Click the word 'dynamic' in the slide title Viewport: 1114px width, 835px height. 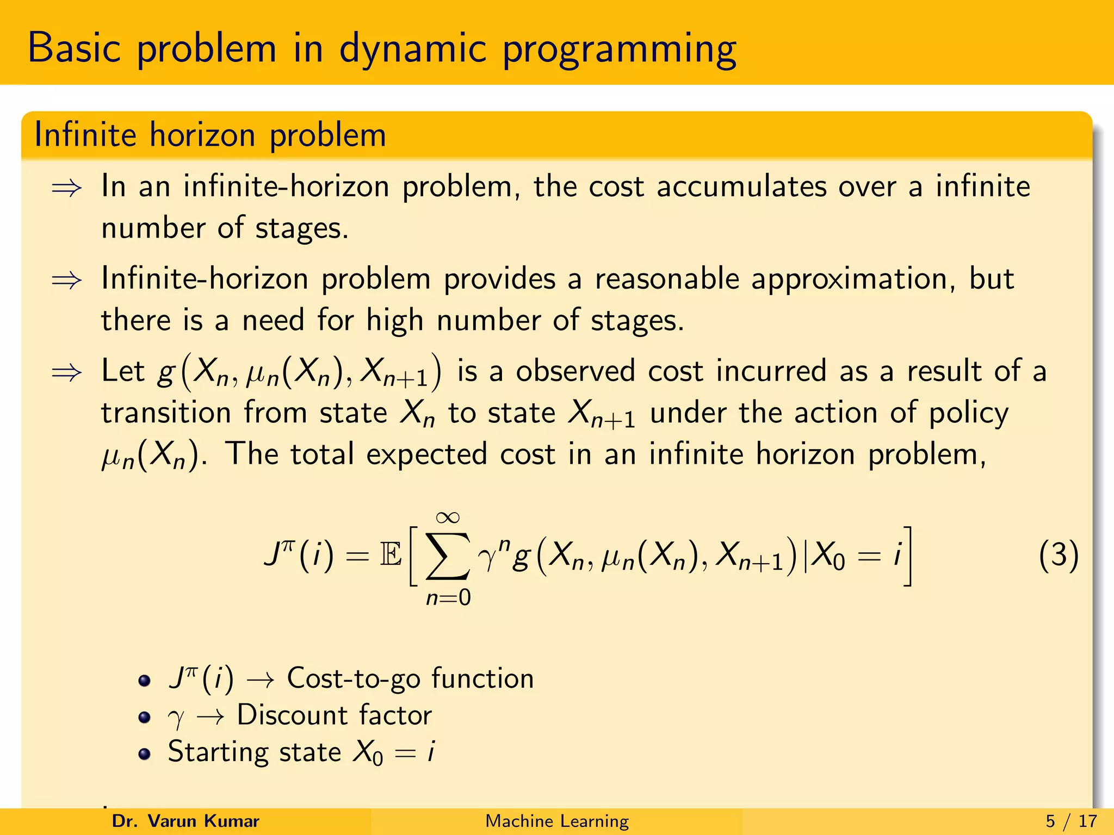pyautogui.click(x=412, y=49)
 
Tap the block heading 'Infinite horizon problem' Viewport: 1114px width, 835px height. pyautogui.click(x=210, y=135)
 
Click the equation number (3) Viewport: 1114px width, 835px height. pyautogui.click(x=1058, y=556)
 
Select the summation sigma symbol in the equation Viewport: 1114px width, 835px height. pyautogui.click(x=447, y=556)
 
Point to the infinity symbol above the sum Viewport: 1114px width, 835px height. pyautogui.click(x=448, y=517)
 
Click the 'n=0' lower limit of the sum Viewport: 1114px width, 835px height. pyautogui.click(x=448, y=597)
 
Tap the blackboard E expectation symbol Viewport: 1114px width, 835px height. pyautogui.click(x=391, y=556)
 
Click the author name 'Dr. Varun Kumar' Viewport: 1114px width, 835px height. pyautogui.click(x=185, y=821)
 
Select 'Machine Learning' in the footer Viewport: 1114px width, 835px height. pyautogui.click(x=556, y=821)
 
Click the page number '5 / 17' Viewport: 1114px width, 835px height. pyautogui.click(x=1071, y=821)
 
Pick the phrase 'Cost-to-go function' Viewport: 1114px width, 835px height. pyautogui.click(x=410, y=678)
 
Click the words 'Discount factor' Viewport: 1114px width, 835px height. pyautogui.click(x=335, y=715)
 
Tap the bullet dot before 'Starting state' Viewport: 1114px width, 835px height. pyautogui.click(x=144, y=754)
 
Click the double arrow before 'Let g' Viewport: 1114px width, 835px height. pyautogui.click(x=66, y=373)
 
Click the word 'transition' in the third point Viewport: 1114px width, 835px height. pyautogui.click(x=166, y=413)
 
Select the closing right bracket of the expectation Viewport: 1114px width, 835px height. pyautogui.click(x=907, y=556)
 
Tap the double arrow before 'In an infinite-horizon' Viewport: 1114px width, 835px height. pyautogui.click(x=66, y=188)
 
